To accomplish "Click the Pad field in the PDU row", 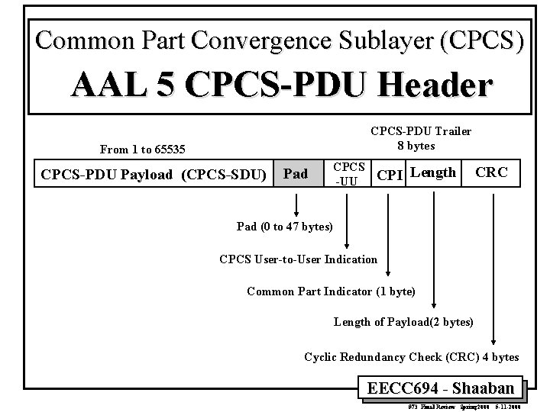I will coord(296,174).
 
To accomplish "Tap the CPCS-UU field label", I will coord(349,173).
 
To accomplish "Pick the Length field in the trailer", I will coord(433,172).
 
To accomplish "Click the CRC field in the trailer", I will coord(491,172).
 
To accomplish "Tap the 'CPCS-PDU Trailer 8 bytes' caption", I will coord(421,138).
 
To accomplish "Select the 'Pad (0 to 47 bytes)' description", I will coord(285,227).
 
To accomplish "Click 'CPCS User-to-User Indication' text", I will coord(298,259).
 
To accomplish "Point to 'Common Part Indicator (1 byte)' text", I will coord(331,291).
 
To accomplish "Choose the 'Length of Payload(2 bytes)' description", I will coord(403,322).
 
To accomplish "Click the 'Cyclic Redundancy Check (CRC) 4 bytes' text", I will coord(412,356).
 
